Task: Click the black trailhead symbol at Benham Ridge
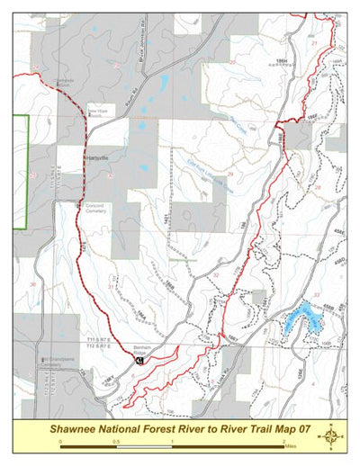tap(139, 359)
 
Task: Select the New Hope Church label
tap(96, 112)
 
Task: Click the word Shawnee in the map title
tap(82, 429)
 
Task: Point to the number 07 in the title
tap(301, 429)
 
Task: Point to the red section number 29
tap(230, 173)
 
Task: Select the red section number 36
tap(32, 284)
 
